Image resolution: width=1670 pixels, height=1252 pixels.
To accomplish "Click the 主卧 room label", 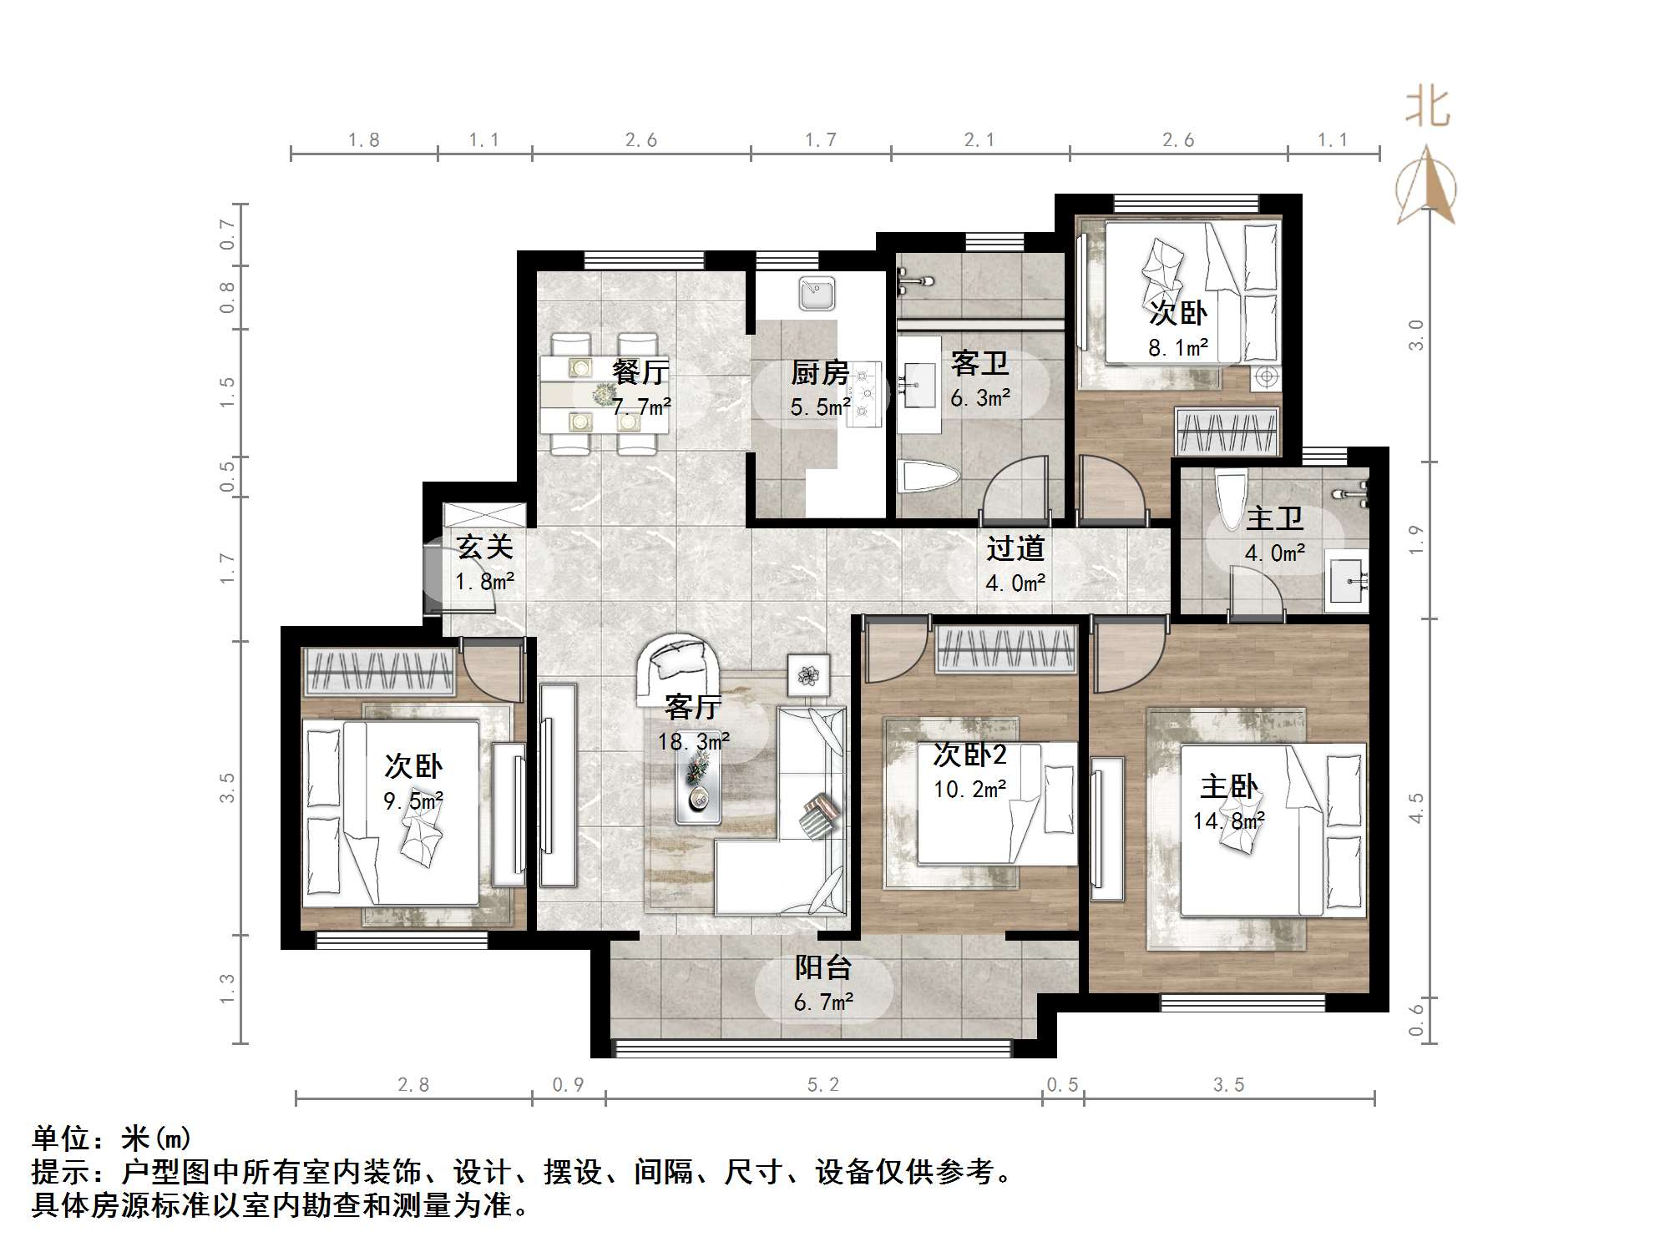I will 1228,787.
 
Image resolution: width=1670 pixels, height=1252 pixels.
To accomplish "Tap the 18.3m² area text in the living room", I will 693,742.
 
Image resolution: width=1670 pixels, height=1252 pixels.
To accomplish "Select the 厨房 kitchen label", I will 819,373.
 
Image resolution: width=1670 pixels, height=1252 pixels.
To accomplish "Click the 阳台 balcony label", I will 822,967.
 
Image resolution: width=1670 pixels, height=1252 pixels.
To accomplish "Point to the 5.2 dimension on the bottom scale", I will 822,1085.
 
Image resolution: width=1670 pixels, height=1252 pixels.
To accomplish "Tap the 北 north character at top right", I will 1428,109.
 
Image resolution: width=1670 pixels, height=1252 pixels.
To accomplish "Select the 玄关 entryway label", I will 484,548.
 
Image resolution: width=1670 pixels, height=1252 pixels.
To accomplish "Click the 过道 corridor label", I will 1015,548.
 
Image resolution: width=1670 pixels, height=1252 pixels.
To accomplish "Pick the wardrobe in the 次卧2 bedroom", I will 1005,650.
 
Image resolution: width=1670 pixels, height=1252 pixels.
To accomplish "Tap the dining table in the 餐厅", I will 603,394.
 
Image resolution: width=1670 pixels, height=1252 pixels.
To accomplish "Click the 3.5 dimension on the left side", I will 227,788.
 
